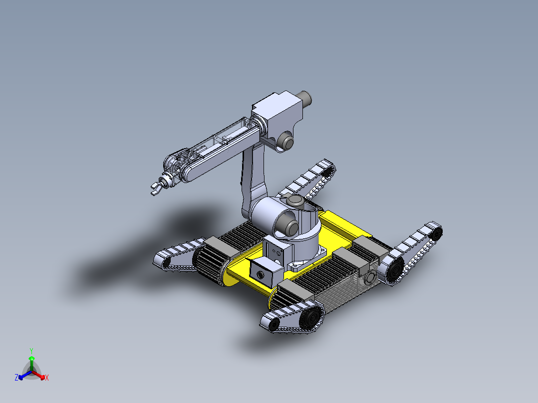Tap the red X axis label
(x=47, y=378)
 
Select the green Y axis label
(x=31, y=351)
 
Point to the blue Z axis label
(x=16, y=378)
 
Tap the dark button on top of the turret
(x=295, y=201)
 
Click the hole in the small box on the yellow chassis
(x=261, y=274)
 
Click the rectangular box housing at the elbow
(x=277, y=112)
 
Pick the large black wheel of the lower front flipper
(x=312, y=318)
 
